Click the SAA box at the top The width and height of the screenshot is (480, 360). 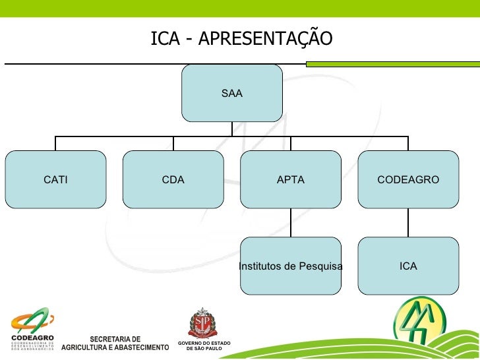[232, 94]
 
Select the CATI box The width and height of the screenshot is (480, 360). [55, 179]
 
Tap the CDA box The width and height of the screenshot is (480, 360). [173, 179]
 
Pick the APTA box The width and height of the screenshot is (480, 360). [291, 179]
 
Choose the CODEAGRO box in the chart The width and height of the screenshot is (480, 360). [408, 179]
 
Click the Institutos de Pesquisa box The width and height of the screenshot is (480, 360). [291, 266]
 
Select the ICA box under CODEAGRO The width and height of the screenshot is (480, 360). [408, 266]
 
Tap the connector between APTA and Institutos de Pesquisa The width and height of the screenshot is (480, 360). [291, 222]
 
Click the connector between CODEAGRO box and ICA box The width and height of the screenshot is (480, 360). [408, 222]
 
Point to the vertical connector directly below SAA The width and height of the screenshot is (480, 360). [232, 129]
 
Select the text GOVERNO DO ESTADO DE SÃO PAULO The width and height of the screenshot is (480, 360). [204, 346]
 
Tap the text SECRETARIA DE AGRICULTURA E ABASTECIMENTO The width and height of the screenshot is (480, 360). [115, 344]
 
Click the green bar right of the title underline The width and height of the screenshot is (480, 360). [392, 64]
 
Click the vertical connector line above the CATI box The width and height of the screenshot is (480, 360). [55, 143]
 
